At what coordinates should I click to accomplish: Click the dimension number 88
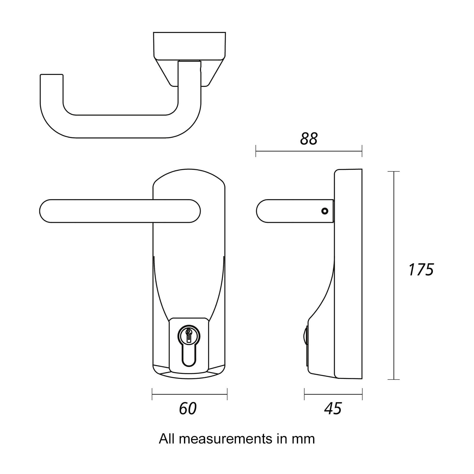coord(309,139)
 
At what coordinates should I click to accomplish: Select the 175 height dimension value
coord(421,270)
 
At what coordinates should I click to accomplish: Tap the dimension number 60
coord(188,409)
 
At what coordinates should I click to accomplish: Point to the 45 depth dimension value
coord(333,409)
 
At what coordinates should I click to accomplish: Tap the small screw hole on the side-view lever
coord(325,211)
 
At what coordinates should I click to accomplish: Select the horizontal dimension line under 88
coord(309,151)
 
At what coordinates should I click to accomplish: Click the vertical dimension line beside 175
coord(393,276)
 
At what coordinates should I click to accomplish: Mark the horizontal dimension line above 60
coord(190,394)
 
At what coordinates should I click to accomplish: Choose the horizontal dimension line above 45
coord(333,394)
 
